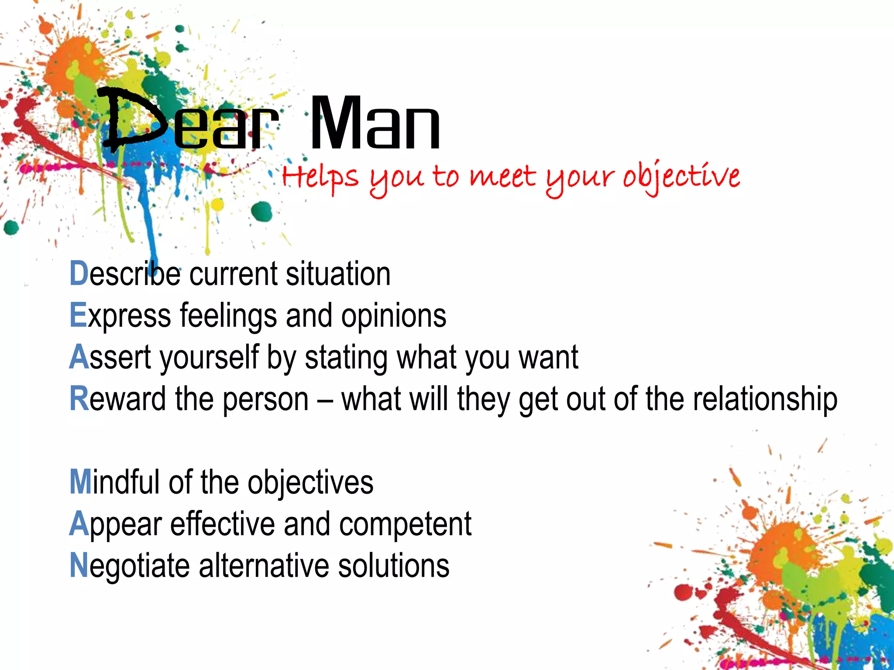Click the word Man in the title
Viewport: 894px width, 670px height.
[375, 124]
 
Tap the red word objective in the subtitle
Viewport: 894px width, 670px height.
[681, 177]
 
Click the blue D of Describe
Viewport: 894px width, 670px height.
[79, 273]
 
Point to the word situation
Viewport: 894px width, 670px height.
[338, 274]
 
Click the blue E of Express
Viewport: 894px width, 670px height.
[78, 315]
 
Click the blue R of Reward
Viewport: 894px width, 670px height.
[79, 399]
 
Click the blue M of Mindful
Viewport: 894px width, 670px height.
[81, 482]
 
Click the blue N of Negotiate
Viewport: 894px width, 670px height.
[79, 566]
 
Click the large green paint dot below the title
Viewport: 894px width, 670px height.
[262, 212]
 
